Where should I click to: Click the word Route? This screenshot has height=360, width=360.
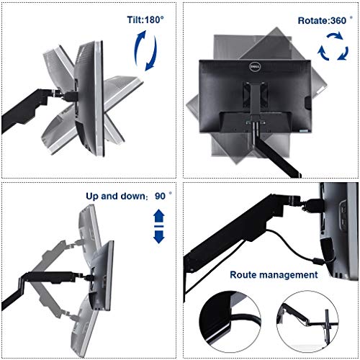(x=245, y=274)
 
